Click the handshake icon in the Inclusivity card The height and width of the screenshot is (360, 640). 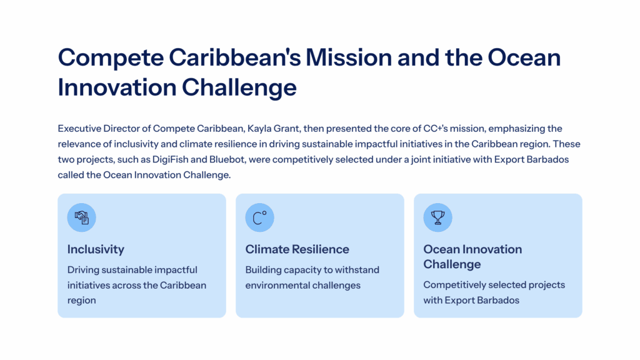pos(82,217)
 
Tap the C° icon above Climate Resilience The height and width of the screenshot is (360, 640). pos(259,217)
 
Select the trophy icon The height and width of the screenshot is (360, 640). pos(437,217)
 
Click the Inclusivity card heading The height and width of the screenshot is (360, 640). pos(96,249)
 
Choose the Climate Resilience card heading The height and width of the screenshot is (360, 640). pos(297,249)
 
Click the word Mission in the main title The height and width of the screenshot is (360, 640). pos(349,57)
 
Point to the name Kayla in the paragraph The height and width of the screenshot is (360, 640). pos(259,129)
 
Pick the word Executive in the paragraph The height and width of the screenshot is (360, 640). pos(79,129)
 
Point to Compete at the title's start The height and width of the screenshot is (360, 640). pos(111,58)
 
